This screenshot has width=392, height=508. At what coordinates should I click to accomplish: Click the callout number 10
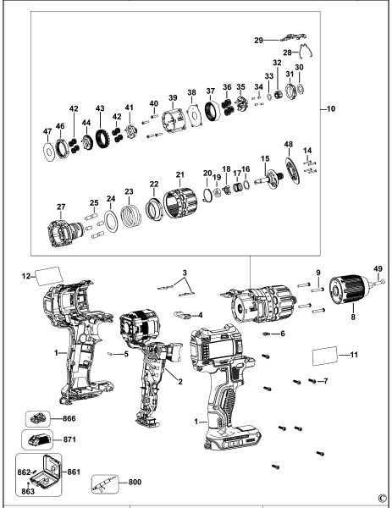(331, 108)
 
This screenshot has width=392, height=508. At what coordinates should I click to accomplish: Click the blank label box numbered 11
(325, 354)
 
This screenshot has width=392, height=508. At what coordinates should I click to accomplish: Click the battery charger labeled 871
(38, 441)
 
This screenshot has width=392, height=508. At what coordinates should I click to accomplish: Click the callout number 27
(37, 207)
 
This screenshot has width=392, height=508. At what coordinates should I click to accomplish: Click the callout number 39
(172, 97)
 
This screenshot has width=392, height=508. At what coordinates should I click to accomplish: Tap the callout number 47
(47, 132)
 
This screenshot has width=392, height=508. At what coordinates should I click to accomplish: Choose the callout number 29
(260, 39)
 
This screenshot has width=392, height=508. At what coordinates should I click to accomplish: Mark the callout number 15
(264, 158)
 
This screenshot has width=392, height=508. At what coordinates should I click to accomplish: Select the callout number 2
(179, 382)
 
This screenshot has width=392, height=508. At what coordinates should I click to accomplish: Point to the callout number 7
(324, 381)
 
